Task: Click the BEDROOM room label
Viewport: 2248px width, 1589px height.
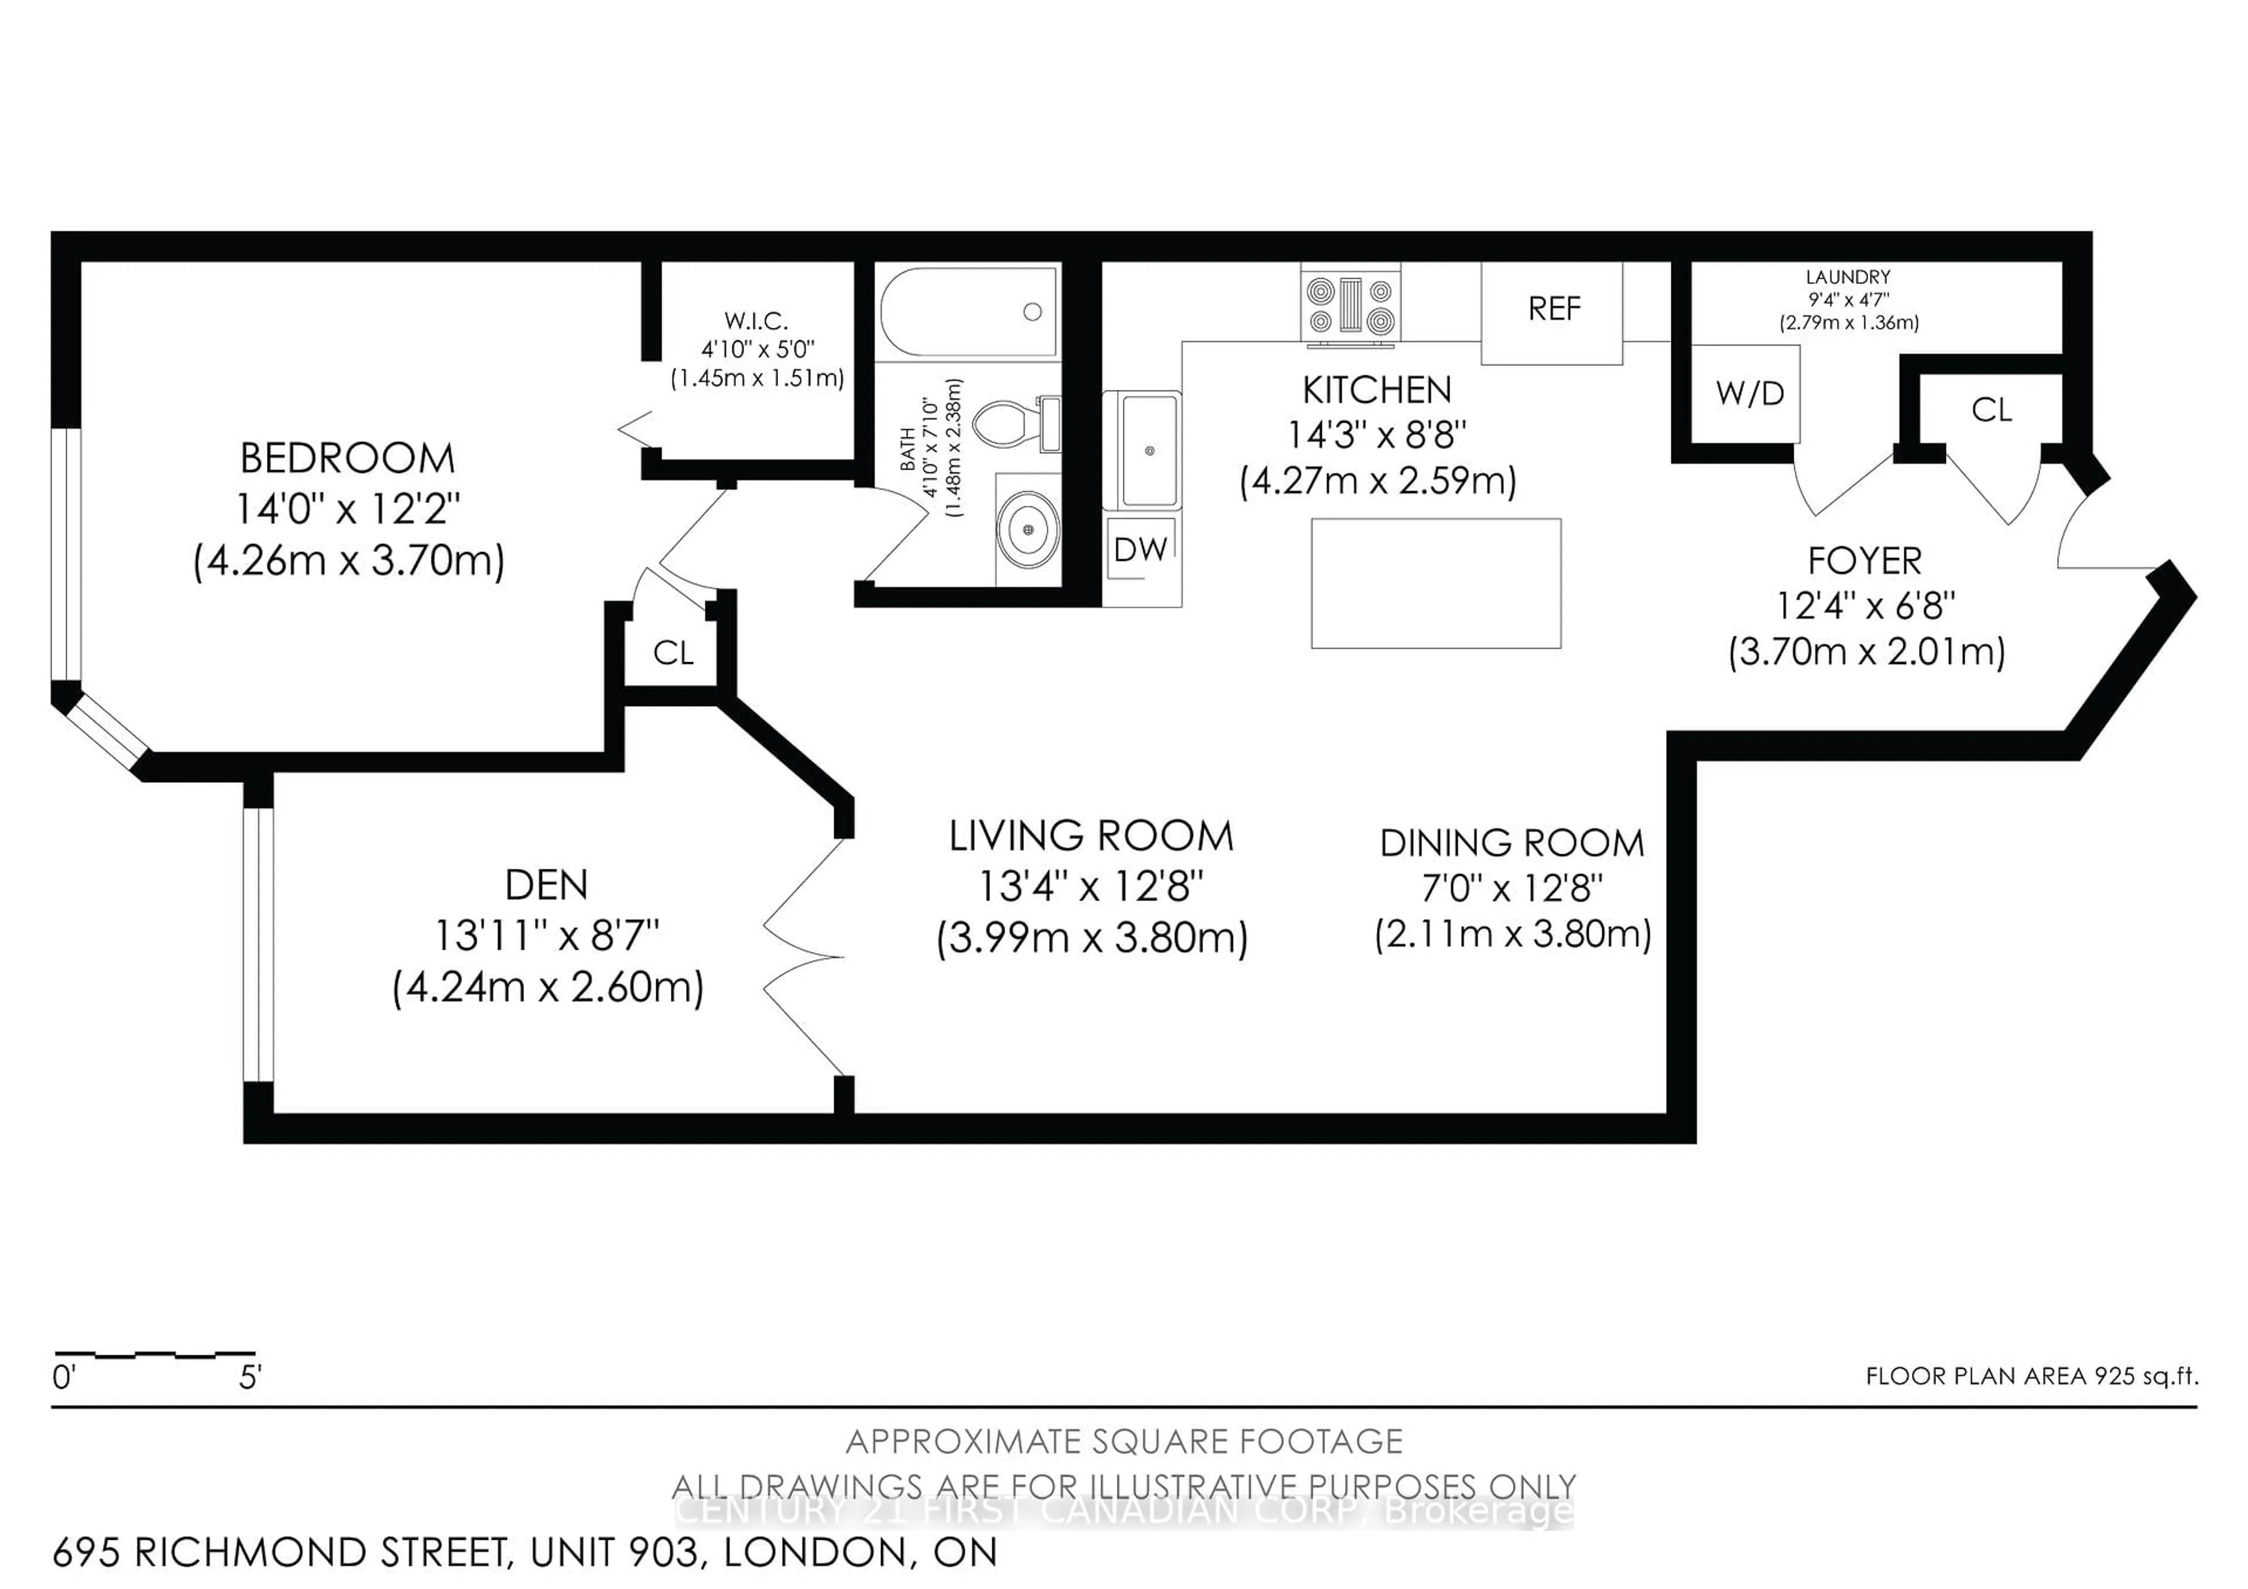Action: click(348, 458)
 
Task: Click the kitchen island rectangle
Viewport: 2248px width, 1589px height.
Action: click(1435, 584)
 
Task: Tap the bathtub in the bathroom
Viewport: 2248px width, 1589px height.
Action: click(967, 311)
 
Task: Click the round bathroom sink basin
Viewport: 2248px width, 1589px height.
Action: click(1027, 530)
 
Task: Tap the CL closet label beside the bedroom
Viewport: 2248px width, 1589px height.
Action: click(673, 653)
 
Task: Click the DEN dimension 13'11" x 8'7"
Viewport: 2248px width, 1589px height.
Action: click(546, 936)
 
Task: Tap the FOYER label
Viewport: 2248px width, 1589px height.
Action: click(1864, 561)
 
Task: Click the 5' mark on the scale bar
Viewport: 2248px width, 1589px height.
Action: click(251, 1378)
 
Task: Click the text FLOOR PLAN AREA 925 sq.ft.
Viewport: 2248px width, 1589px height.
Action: click(2031, 1375)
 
